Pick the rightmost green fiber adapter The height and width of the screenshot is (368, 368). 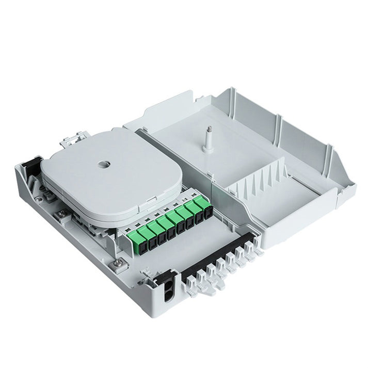(206, 205)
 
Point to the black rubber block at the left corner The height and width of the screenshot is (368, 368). (31, 167)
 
